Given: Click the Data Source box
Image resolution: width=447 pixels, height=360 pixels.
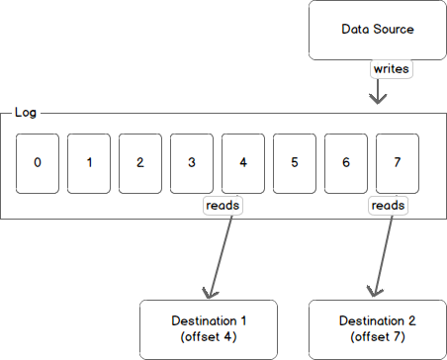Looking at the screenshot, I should [377, 30].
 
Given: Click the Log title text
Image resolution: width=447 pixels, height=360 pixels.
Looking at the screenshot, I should [26, 112].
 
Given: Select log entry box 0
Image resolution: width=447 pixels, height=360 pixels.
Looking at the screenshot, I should [38, 162].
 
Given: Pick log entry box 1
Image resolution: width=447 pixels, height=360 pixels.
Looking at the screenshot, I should [89, 162].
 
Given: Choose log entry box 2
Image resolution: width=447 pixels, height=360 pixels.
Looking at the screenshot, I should [140, 162].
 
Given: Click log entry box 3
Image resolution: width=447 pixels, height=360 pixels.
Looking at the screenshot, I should [192, 162].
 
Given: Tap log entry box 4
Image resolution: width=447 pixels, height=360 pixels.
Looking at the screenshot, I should [243, 162].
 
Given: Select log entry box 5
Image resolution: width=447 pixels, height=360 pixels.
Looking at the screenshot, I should [295, 162].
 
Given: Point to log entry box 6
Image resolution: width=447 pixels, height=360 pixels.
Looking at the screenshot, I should [346, 162].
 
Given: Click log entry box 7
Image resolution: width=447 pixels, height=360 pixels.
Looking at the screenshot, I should [398, 162].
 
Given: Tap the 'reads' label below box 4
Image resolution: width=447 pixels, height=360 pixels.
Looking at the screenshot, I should [223, 205].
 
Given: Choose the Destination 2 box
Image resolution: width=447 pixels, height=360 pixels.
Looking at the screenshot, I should [377, 328].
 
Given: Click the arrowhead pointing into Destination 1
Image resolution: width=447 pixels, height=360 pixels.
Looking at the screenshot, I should [209, 291].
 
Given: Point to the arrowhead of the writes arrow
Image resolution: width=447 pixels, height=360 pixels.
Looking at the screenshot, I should [377, 99].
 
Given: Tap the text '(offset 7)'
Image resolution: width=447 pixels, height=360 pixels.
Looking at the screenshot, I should [377, 338].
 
